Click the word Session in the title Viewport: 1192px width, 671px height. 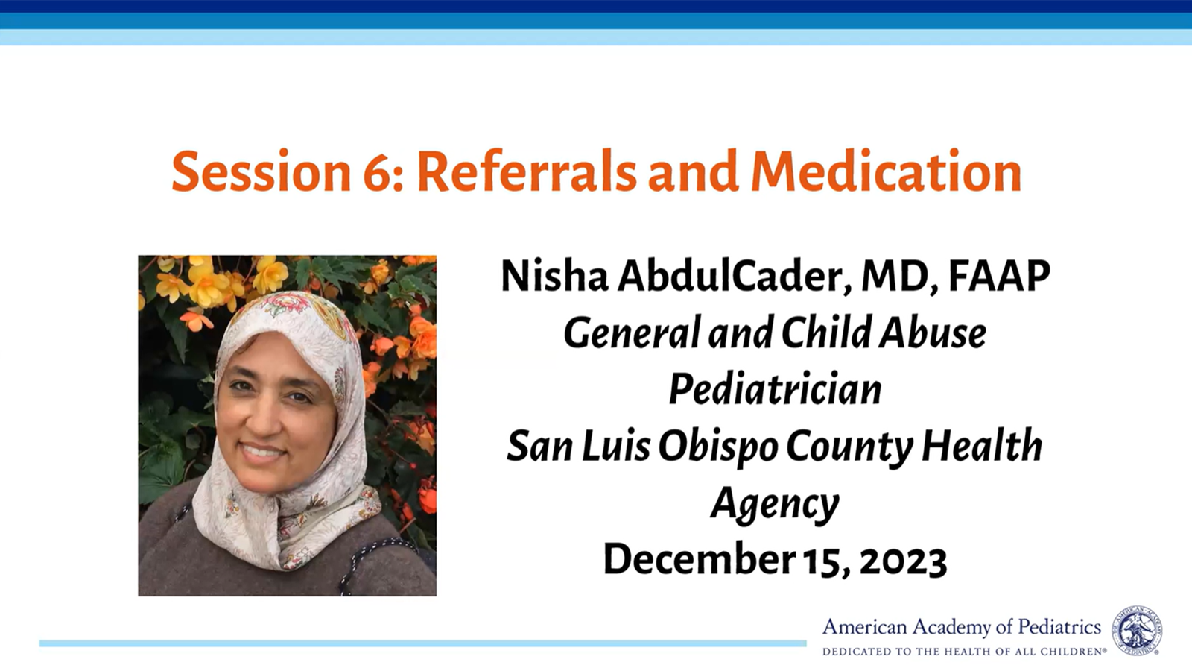(x=261, y=172)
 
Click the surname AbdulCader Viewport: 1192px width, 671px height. (x=735, y=277)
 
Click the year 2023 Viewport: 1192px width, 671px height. (x=903, y=560)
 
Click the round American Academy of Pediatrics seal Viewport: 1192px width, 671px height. (x=1137, y=630)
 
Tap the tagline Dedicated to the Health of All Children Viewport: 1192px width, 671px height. (x=963, y=652)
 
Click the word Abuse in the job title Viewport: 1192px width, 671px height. (x=932, y=333)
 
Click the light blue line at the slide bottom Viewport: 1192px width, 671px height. (x=423, y=643)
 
